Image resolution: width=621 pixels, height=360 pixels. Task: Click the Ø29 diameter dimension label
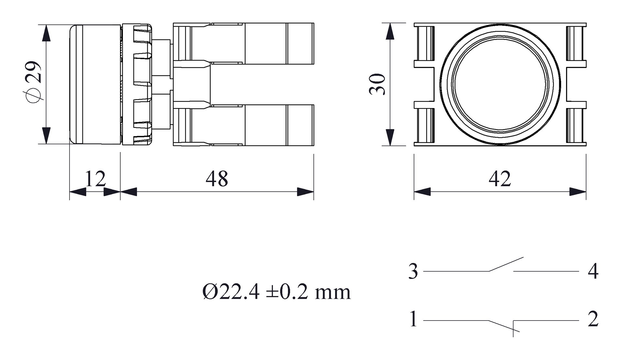click(x=33, y=82)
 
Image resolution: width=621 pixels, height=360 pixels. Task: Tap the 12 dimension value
click(x=95, y=179)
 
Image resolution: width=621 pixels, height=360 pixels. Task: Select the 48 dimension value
click(x=217, y=179)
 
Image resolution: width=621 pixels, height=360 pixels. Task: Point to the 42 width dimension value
click(x=500, y=179)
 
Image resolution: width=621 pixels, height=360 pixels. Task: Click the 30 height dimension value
click(x=377, y=84)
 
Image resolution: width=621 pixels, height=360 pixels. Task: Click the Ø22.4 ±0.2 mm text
click(x=277, y=292)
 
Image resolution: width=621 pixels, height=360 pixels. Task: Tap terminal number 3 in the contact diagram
click(x=413, y=271)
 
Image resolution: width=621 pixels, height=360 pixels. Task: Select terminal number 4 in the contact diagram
click(x=593, y=271)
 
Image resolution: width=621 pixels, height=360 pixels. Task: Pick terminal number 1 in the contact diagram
click(x=413, y=319)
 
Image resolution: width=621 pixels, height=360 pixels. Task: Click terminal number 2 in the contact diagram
click(x=593, y=319)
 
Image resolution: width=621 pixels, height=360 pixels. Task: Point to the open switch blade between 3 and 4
click(x=506, y=264)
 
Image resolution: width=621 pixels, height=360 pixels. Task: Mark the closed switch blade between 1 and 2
click(x=504, y=326)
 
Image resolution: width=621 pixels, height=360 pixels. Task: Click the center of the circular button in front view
click(x=500, y=84)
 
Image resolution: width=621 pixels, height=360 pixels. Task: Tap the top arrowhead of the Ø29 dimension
click(x=47, y=33)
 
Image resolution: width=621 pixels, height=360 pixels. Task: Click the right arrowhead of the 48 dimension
click(x=305, y=191)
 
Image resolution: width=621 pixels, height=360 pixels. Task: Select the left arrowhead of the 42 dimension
click(x=422, y=191)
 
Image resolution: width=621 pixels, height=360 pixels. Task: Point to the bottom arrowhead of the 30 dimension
click(x=390, y=137)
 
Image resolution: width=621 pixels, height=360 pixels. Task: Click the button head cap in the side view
click(x=95, y=84)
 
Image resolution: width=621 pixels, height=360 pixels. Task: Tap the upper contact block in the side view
click(x=244, y=43)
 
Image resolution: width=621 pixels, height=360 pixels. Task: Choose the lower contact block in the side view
click(x=244, y=125)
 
